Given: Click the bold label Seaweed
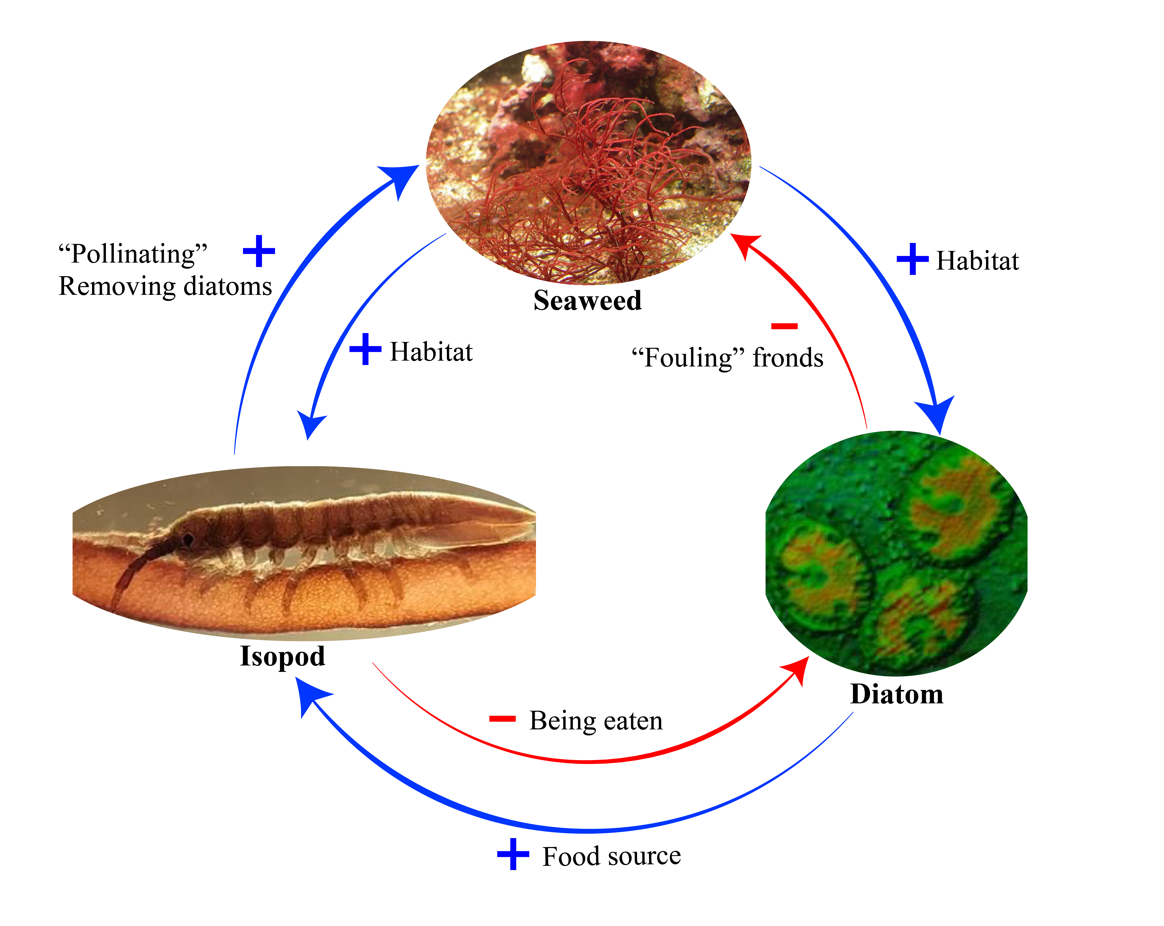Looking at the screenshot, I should click(587, 301).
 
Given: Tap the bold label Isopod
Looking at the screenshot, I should click(282, 657).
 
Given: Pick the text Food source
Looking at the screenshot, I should click(612, 856).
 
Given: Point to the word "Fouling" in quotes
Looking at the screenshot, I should click(688, 357).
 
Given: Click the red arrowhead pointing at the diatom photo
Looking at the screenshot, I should click(799, 670).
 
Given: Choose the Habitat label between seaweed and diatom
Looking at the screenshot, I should click(977, 261).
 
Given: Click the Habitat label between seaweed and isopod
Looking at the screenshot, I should click(431, 352).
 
